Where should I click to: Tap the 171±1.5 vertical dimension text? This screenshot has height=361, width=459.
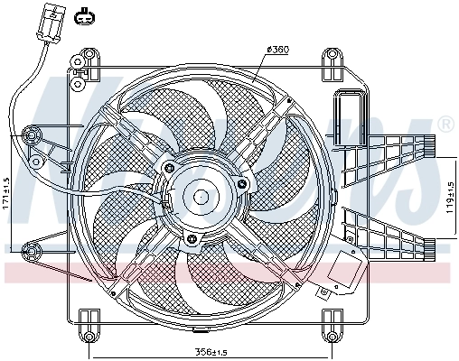(7, 193)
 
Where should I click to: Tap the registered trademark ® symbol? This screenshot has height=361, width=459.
(445, 123)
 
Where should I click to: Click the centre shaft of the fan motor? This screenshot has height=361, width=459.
(200, 196)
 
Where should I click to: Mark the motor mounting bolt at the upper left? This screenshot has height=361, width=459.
(169, 167)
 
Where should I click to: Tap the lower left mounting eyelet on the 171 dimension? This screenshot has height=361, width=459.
(33, 249)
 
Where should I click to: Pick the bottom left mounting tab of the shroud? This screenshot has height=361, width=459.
(89, 319)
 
